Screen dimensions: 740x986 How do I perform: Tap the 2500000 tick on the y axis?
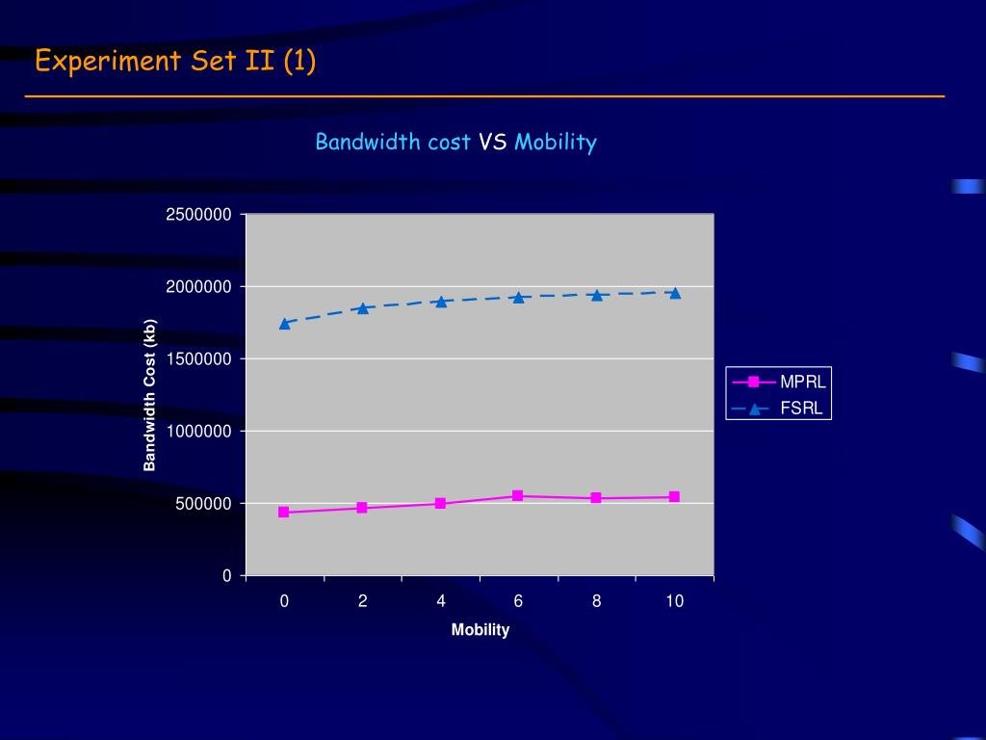(x=198, y=215)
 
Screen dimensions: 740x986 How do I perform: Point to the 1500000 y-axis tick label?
(x=198, y=359)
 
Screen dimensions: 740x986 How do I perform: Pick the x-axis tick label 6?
(x=518, y=601)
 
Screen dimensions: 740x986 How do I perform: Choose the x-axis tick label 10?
(x=674, y=601)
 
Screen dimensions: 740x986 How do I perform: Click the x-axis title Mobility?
(x=480, y=630)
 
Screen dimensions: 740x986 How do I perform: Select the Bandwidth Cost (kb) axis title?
(x=149, y=395)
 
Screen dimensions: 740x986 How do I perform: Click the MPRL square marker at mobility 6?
(x=518, y=496)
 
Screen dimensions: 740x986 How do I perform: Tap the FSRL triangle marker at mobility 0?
(x=284, y=324)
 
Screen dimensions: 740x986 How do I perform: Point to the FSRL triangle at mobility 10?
(x=674, y=293)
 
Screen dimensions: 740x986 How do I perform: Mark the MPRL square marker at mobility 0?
(x=284, y=513)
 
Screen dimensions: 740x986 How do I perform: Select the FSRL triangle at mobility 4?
(x=440, y=302)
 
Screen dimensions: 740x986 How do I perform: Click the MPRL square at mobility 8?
(x=596, y=498)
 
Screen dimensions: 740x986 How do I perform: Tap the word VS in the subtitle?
(x=493, y=143)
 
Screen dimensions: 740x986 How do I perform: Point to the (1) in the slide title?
(x=299, y=62)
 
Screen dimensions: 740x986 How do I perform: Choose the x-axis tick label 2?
(x=362, y=601)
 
